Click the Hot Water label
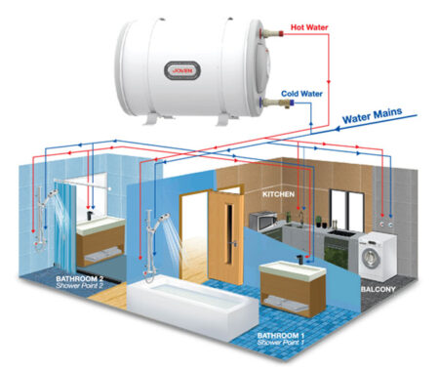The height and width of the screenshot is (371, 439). click(309, 27)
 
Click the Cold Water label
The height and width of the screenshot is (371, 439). click(301, 94)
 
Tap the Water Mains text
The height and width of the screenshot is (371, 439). click(372, 115)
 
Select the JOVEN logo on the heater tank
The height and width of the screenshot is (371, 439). click(182, 70)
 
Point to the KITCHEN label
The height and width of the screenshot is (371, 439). click(278, 194)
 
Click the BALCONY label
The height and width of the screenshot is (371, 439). click(379, 289)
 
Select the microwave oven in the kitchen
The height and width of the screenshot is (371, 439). click(262, 222)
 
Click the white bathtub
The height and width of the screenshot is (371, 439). click(192, 305)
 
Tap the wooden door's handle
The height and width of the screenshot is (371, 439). click(233, 243)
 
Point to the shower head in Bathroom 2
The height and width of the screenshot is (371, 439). click(52, 194)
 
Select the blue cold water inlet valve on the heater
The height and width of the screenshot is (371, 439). click(292, 103)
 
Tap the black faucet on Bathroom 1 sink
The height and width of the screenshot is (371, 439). click(299, 260)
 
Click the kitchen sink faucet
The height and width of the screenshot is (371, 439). click(301, 218)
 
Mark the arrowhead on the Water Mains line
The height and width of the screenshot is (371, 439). click(338, 129)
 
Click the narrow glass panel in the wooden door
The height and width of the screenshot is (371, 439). click(229, 233)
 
